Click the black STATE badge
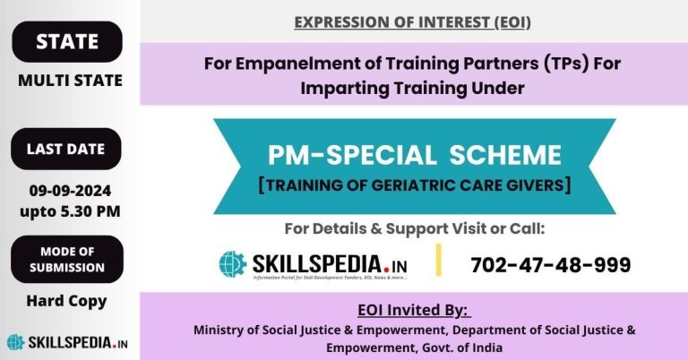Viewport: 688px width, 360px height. click(x=66, y=41)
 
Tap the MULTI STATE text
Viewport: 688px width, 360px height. click(x=71, y=81)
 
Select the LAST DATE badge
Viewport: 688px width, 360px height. click(x=66, y=150)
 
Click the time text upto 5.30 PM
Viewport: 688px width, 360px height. click(x=70, y=211)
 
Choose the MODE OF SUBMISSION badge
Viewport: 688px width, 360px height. click(x=66, y=259)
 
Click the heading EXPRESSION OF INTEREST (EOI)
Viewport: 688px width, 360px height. click(x=412, y=21)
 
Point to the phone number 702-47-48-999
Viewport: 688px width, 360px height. click(x=550, y=265)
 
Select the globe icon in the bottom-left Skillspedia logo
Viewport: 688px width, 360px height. click(x=16, y=342)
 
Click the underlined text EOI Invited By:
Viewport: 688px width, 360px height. click(x=413, y=311)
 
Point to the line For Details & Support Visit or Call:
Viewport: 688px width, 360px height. click(x=414, y=228)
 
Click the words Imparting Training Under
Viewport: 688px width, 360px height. click(x=413, y=89)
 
